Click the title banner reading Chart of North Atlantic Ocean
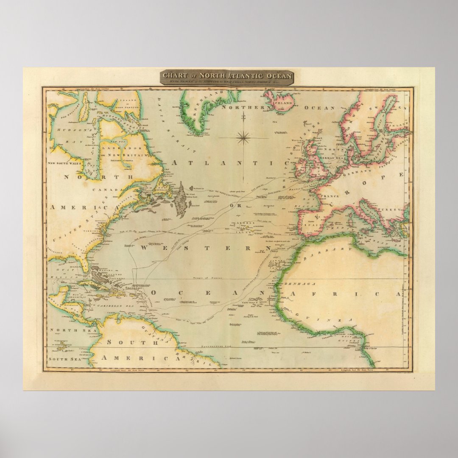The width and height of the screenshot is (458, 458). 227,76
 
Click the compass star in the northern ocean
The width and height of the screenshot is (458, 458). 243,137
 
